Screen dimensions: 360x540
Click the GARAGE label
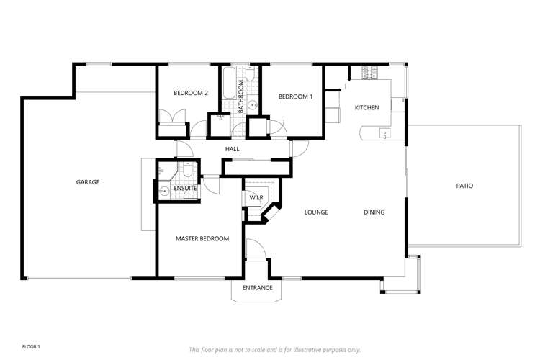pos(88,182)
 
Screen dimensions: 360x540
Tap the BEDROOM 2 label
pos(191,93)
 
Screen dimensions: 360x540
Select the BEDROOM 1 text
pos(295,96)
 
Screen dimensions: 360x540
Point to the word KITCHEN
pos(366,107)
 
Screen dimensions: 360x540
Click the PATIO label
pos(464,186)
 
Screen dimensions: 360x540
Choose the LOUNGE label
pos(316,212)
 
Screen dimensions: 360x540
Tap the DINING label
pos(374,212)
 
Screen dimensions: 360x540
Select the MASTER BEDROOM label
pos(202,238)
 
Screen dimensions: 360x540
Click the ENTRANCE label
pos(257,288)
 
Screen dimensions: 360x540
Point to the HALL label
pos(232,149)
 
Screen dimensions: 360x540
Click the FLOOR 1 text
pos(31,346)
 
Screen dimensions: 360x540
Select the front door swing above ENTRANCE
pos(256,248)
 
